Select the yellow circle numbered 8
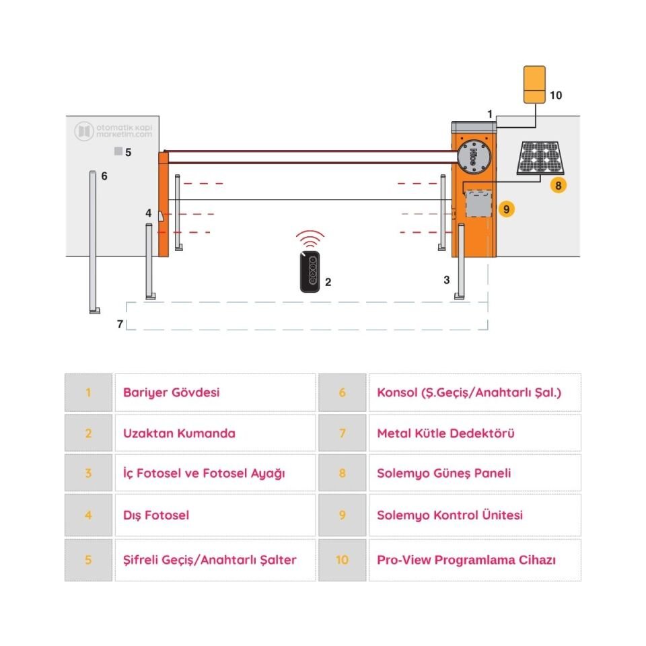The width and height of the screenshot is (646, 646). pos(558,184)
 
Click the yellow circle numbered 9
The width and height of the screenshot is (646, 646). pos(507,209)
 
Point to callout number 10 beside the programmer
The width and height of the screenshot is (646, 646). pos(555,96)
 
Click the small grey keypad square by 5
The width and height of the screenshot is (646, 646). pos(118,152)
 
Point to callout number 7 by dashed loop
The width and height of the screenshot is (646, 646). pos(120,324)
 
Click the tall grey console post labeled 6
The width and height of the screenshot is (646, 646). pos(93,242)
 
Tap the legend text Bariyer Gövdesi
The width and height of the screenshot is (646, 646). pos(171,392)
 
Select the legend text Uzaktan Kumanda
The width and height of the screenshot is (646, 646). pos(179,433)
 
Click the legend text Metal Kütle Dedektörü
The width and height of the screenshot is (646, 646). pos(445,433)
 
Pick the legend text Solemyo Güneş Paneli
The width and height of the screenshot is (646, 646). pos(443,473)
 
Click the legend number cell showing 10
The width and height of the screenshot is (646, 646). pos(342,560)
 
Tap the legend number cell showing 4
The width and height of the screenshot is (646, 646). pos(88,515)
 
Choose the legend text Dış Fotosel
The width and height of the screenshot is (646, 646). pos(156,515)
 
